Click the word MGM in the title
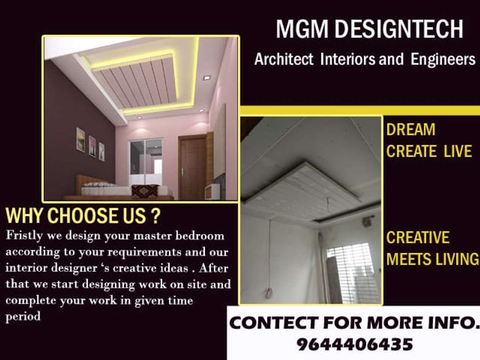point(302,29)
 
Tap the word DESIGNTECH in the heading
point(399,29)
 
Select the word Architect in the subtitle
point(284,59)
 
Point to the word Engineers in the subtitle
point(443,59)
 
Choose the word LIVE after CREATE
point(458,151)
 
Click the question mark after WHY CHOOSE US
point(156,216)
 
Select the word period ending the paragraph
point(23,317)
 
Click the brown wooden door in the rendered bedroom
point(192,167)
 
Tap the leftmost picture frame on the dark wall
point(80,139)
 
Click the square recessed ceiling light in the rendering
point(207,77)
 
